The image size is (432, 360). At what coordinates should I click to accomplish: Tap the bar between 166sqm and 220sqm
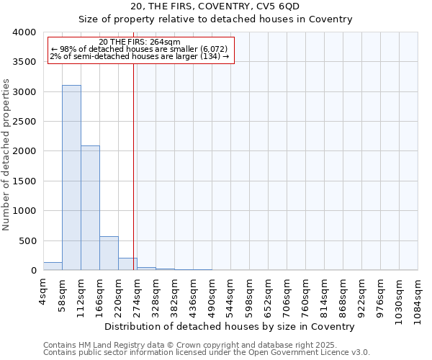click(109, 253)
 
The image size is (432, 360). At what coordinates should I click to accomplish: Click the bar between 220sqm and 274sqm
click(127, 264)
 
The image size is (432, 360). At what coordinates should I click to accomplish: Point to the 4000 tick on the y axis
click(24, 32)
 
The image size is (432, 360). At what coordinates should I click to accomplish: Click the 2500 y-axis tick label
click(24, 122)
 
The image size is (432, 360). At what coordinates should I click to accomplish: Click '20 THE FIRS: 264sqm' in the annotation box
click(140, 42)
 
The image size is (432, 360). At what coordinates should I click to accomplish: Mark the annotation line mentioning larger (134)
click(140, 56)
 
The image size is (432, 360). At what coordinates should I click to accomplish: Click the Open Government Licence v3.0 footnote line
click(207, 353)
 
